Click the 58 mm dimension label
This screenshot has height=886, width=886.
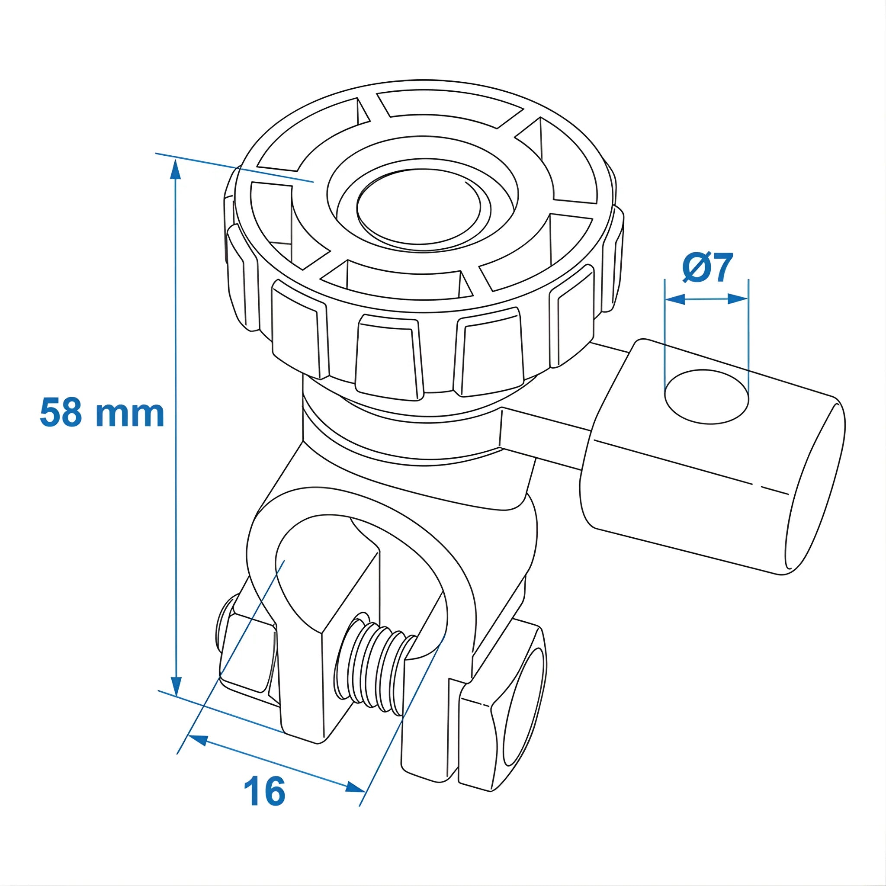pos(102,413)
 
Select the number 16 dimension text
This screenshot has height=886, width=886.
pos(265,792)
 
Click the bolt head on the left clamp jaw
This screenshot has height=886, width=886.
pos(243,651)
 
